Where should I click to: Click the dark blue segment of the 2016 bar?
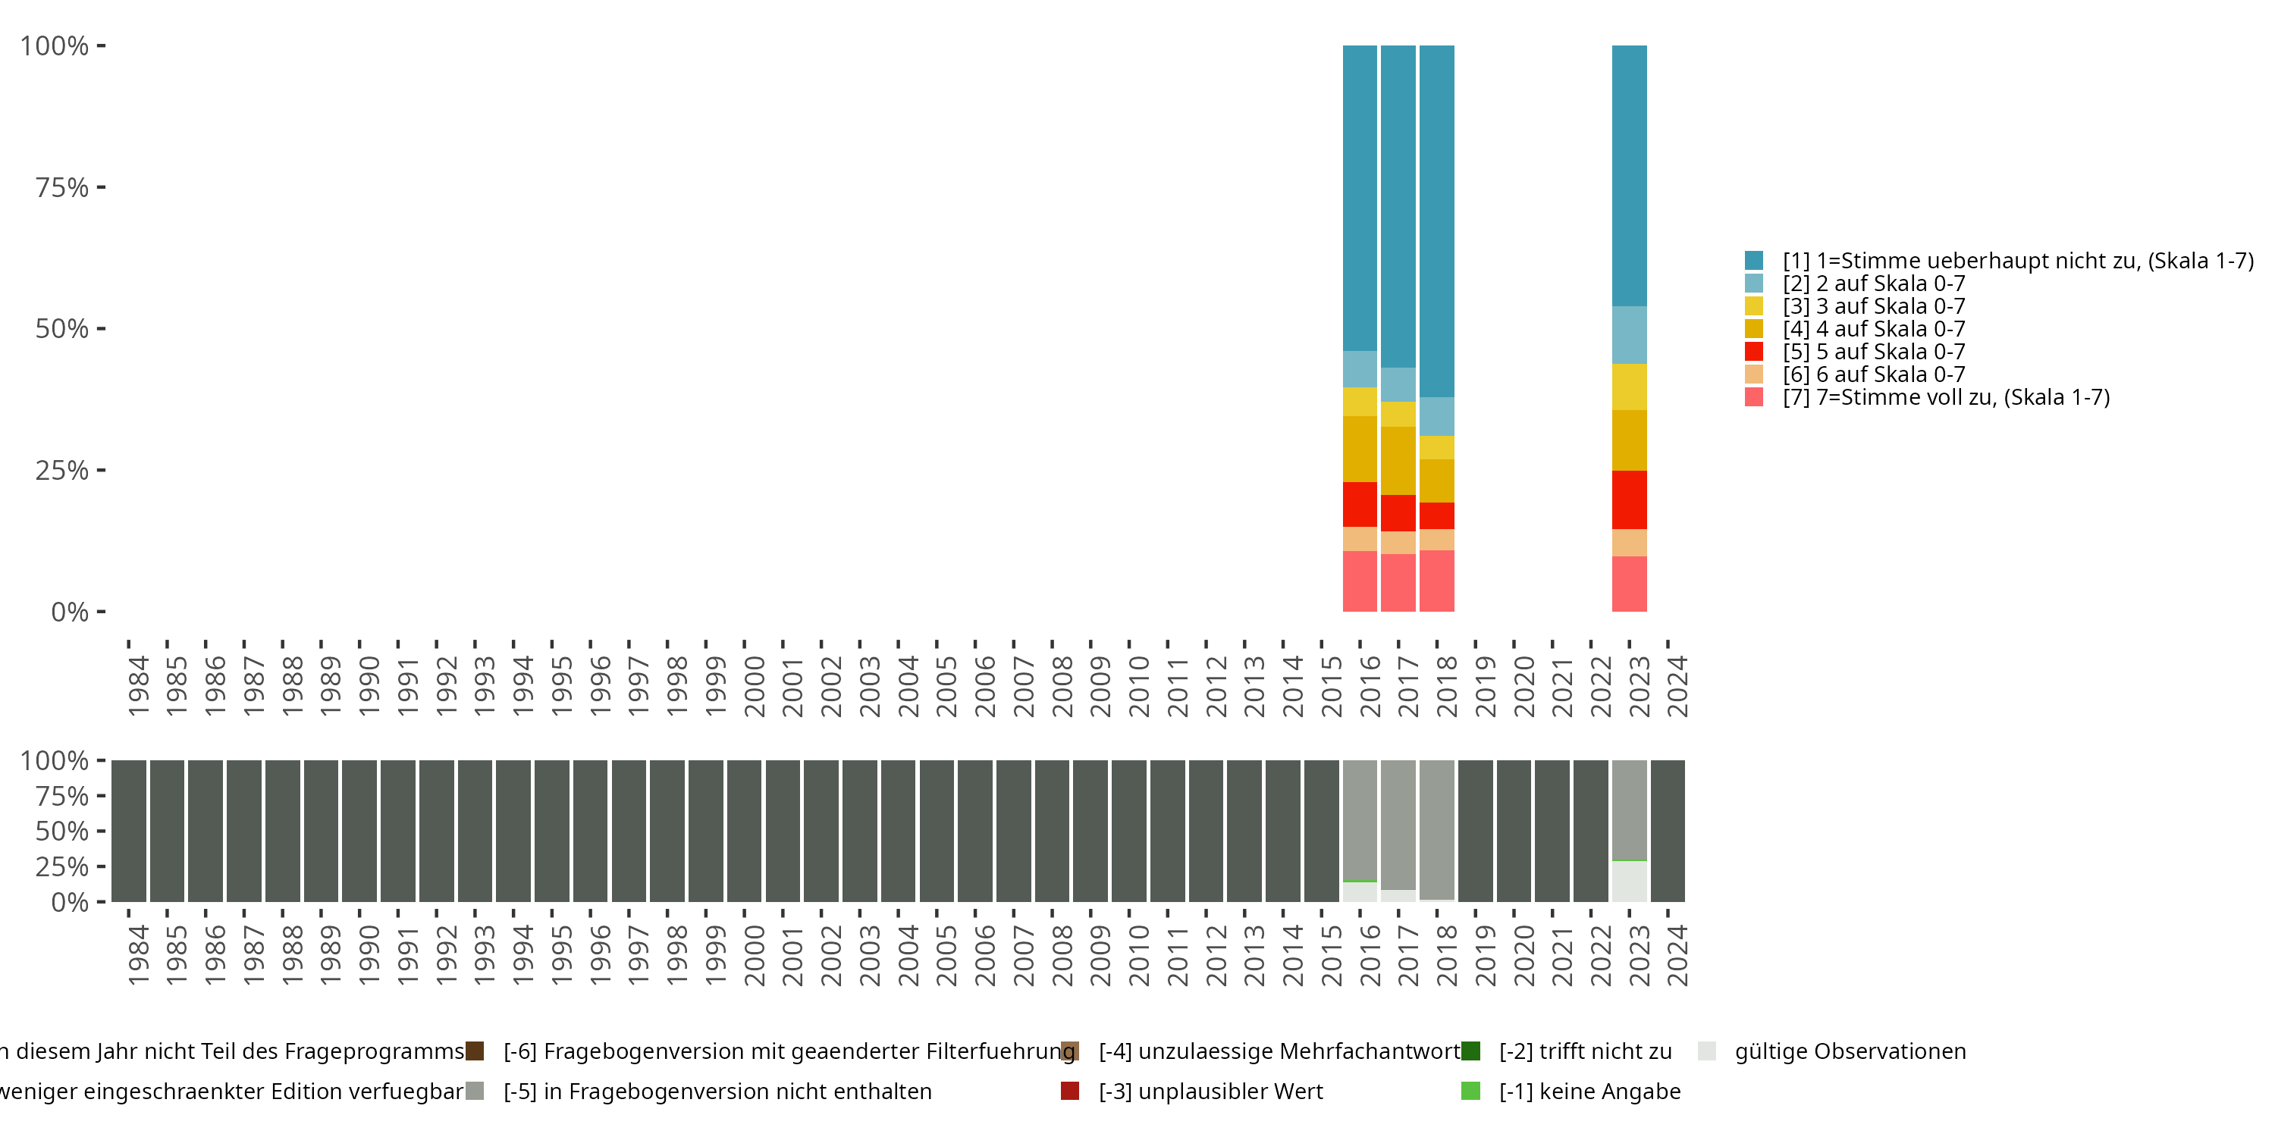pyautogui.click(x=1359, y=198)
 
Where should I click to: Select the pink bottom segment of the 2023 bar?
pyautogui.click(x=1629, y=584)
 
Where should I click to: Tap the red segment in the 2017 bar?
pyautogui.click(x=1398, y=513)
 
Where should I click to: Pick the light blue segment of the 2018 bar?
pyautogui.click(x=1437, y=416)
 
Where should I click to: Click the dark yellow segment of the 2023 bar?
pyautogui.click(x=1629, y=440)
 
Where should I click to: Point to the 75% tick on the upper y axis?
pyautogui.click(x=101, y=187)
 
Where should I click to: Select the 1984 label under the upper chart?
pyautogui.click(x=139, y=686)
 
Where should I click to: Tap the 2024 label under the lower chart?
pyautogui.click(x=1677, y=955)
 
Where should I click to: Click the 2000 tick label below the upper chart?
pyautogui.click(x=755, y=686)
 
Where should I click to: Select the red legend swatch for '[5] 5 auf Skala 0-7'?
pyautogui.click(x=1754, y=352)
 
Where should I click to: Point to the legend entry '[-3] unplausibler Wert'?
pyautogui.click(x=1210, y=1091)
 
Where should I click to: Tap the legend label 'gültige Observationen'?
pyautogui.click(x=1850, y=1051)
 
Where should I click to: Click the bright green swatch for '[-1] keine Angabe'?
pyautogui.click(x=1470, y=1091)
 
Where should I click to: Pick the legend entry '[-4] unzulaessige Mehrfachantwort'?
pyautogui.click(x=1279, y=1051)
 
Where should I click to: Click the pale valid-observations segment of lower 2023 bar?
pyautogui.click(x=1629, y=881)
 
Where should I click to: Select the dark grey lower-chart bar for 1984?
pyautogui.click(x=129, y=831)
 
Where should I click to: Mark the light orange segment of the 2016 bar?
pyautogui.click(x=1359, y=538)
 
